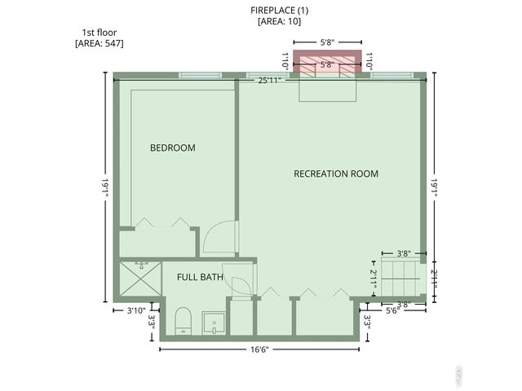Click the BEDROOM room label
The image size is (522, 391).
click(173, 147)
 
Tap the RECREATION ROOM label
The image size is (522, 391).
click(336, 174)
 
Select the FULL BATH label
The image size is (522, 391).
click(200, 277)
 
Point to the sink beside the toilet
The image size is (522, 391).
click(214, 323)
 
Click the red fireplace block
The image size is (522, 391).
click(326, 64)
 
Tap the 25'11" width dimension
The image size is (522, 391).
click(269, 81)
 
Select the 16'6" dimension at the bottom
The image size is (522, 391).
click(259, 349)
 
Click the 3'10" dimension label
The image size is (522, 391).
click(135, 310)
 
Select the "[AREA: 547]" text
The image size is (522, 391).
click(99, 43)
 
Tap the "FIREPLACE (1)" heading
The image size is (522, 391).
click(279, 10)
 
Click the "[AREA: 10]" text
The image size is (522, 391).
click(279, 21)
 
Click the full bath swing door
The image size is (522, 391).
click(241, 285)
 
